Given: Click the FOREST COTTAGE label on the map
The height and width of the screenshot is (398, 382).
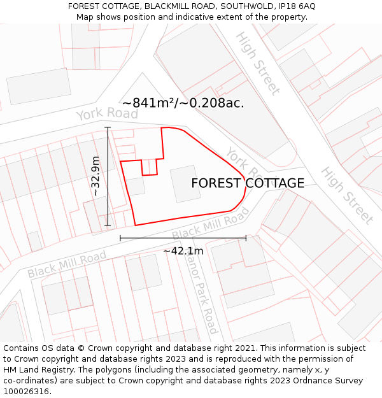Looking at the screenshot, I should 248,183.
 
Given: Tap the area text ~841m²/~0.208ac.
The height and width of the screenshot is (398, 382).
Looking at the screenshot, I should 183,103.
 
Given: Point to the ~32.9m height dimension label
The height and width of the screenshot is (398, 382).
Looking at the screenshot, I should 95,176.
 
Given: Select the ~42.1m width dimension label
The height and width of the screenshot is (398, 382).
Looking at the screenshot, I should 183,251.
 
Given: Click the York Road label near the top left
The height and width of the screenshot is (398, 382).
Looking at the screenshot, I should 107,114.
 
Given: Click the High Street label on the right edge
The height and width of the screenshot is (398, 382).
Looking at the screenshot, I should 346,195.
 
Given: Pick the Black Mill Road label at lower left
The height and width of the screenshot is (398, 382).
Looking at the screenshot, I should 67,264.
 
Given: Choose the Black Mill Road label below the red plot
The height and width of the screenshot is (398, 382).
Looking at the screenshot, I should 210,227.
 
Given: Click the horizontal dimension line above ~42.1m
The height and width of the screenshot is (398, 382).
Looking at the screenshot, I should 183,238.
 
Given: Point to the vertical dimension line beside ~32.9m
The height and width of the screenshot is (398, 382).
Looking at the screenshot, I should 108,176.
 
